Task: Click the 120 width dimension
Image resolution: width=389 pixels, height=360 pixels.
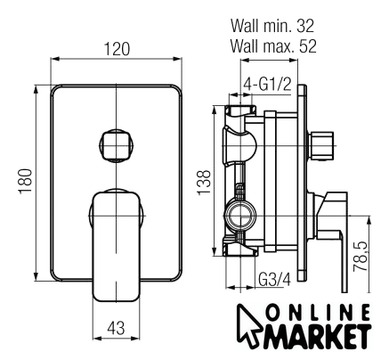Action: pos(117,49)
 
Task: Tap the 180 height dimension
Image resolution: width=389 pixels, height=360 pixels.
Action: pos(26,181)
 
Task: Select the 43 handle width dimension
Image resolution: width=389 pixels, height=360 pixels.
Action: pos(116,328)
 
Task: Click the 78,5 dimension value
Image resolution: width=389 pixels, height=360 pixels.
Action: pos(361,257)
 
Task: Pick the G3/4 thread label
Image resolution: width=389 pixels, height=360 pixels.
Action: pos(275,280)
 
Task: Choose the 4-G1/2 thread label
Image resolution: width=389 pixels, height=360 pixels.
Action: pos(268,85)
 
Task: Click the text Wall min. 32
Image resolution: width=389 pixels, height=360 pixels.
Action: pos(272,26)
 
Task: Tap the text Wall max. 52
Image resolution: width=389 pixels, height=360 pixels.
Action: pos(273,46)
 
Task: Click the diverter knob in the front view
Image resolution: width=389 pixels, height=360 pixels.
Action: pos(116,145)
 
